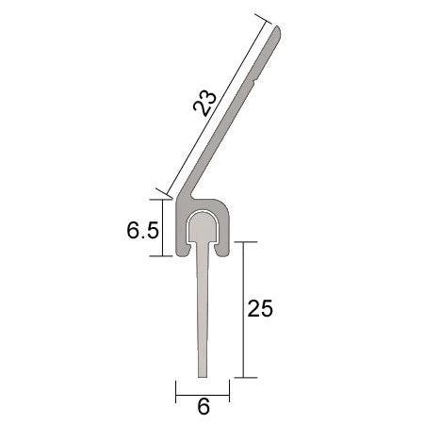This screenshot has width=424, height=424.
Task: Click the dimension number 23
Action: [205, 104]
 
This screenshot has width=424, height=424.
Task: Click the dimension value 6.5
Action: [142, 230]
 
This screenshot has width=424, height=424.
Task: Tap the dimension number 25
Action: [260, 308]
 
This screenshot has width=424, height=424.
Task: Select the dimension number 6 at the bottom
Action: [204, 406]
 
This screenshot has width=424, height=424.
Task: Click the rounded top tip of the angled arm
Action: [277, 30]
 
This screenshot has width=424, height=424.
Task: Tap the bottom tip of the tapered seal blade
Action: [203, 376]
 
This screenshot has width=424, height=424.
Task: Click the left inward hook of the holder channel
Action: [186, 251]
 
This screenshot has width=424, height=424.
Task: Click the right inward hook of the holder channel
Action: [221, 251]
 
